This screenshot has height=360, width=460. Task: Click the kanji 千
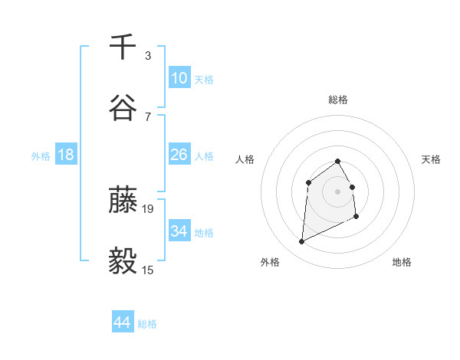pos(123,47)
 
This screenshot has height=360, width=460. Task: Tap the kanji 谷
pos(123,108)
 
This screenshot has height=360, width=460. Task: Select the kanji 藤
pos(123,201)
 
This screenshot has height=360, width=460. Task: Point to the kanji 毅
pos(123,262)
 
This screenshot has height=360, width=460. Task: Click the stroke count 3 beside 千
pos(148,55)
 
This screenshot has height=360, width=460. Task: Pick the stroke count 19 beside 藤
pos(149,208)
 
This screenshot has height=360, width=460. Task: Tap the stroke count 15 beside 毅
pos(149,270)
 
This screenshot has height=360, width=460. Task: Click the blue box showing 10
pos(179,78)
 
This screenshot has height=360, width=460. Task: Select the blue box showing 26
pos(179,155)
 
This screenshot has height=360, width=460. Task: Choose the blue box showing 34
pos(179,231)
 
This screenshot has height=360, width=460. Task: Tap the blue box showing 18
pos(66,155)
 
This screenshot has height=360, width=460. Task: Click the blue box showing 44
pos(122,322)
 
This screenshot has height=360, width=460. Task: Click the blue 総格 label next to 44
pos(147,324)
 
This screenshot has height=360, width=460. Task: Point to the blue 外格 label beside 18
pos(41,156)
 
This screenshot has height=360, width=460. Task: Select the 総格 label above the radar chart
pos(337,100)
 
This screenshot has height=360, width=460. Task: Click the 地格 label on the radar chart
pos(402,262)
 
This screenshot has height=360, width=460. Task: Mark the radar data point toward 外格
pos(302,242)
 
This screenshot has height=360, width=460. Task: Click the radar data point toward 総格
pos(337,161)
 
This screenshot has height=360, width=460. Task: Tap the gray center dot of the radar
pos(337,191)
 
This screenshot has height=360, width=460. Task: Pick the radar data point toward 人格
pos(308,182)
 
